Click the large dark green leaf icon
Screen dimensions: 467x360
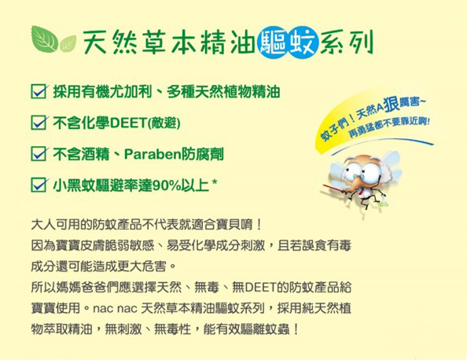pyautogui.click(x=44, y=39)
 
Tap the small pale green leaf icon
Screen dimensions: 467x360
pyautogui.click(x=68, y=44)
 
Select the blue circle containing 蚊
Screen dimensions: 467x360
pyautogui.click(x=303, y=44)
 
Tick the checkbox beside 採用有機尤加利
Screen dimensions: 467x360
pyautogui.click(x=39, y=91)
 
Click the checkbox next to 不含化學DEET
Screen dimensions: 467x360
pyautogui.click(x=39, y=123)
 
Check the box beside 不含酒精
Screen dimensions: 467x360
pyautogui.click(x=39, y=153)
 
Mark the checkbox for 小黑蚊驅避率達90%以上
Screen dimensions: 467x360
pyautogui.click(x=39, y=185)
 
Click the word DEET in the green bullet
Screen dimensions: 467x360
pyautogui.click(x=128, y=123)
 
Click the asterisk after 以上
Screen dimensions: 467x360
pyautogui.click(x=214, y=182)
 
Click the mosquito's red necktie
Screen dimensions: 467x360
pyautogui.click(x=361, y=193)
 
